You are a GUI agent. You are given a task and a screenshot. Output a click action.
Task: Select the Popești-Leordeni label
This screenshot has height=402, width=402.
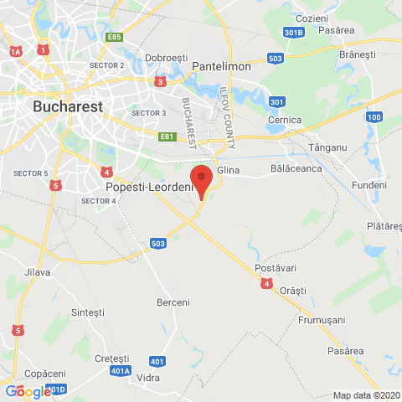(x=147, y=188)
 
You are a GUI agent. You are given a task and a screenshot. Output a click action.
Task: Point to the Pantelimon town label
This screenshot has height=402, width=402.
(x=222, y=65)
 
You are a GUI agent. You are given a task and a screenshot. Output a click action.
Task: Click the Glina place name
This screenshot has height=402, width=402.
(x=229, y=170)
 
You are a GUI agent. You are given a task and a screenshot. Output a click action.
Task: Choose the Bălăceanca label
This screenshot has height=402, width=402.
(x=296, y=168)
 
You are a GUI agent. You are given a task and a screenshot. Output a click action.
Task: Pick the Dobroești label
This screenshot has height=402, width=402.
(x=165, y=58)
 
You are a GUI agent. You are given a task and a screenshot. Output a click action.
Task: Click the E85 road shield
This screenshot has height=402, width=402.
(x=114, y=37)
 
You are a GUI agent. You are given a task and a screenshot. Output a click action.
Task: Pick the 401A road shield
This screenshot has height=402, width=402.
(x=120, y=370)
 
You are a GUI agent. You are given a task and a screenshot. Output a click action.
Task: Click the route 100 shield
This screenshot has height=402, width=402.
(x=374, y=116)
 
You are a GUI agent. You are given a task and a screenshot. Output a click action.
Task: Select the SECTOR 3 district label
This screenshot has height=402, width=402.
(x=149, y=112)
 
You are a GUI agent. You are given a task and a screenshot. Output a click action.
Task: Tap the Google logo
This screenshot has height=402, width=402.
(x=28, y=391)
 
